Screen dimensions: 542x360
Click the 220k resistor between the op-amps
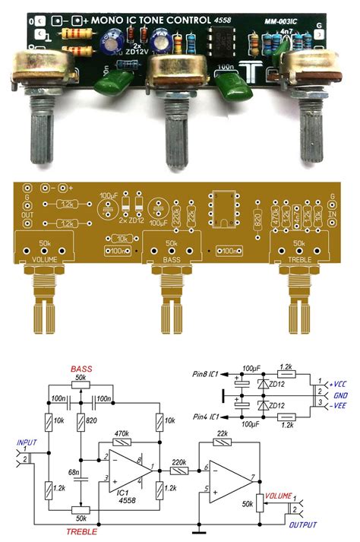(x=181, y=471)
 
